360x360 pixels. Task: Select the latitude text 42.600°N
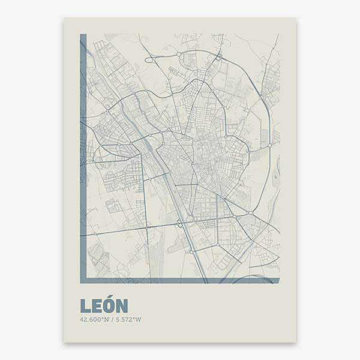tap(93, 319)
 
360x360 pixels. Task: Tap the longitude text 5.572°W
tap(128, 319)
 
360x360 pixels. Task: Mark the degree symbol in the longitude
tap(136, 318)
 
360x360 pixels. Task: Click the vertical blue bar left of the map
tap(83, 156)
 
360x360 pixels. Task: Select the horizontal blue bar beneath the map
tap(180, 280)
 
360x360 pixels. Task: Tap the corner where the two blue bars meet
tap(83, 280)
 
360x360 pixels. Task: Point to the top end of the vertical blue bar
tap(83, 35)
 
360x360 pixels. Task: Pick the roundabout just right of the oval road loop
tap(179, 55)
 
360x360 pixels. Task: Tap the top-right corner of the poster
tap(296, 17)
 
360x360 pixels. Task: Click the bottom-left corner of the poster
tap(64, 342)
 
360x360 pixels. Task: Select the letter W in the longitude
tap(139, 319)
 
